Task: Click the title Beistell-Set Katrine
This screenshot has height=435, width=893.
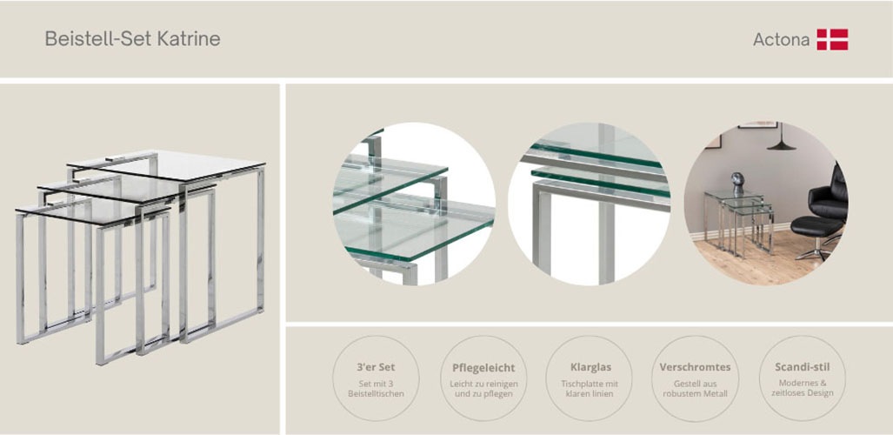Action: point(133,39)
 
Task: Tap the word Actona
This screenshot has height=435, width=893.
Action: point(781,39)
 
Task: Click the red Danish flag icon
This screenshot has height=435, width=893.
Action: point(833,39)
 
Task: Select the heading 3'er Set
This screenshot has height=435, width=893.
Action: point(376,367)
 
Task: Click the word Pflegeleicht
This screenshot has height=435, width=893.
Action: point(483,368)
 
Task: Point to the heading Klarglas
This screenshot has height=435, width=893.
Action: point(590,367)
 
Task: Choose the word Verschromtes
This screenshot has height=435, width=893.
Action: point(695,367)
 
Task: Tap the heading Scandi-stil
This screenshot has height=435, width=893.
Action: point(803,367)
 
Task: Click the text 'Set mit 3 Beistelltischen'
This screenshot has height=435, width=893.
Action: point(376,388)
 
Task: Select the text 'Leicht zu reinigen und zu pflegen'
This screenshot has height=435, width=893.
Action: point(483,389)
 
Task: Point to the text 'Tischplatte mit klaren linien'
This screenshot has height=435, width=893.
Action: point(590,389)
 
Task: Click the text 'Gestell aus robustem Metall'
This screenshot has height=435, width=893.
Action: point(695,389)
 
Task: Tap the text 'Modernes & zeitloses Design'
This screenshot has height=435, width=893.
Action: point(803,388)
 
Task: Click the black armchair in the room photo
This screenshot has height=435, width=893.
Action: point(829,197)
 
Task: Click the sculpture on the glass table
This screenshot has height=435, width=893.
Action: point(737,183)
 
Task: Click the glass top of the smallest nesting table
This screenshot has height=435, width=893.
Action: point(92,211)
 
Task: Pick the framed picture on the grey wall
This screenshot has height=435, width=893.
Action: point(757,125)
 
